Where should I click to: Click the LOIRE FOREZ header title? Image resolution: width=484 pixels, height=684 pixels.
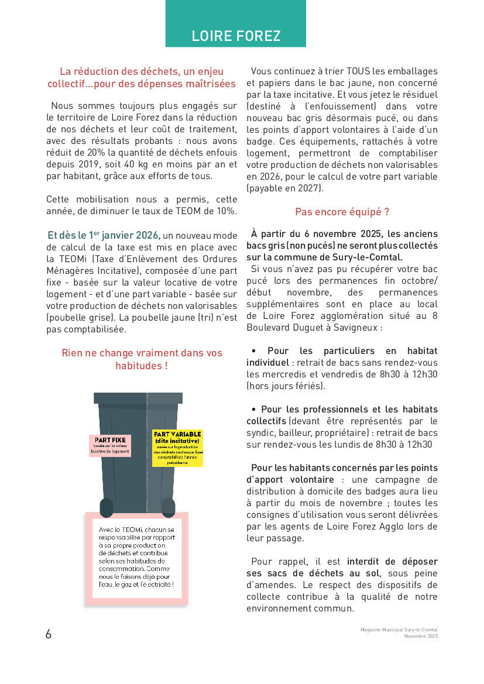pyautogui.click(x=236, y=36)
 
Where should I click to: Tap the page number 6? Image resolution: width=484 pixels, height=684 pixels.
pyautogui.click(x=49, y=634)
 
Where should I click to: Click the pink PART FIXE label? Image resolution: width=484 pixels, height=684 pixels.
pyautogui.click(x=110, y=445)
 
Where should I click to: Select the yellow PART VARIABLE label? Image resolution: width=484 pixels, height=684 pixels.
pyautogui.click(x=177, y=448)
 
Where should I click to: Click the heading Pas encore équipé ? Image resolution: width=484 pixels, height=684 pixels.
pyautogui.click(x=342, y=212)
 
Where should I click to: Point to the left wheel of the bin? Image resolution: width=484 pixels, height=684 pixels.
pyautogui.click(x=107, y=507)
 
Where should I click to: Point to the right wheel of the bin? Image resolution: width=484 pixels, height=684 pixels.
pyautogui.click(x=168, y=507)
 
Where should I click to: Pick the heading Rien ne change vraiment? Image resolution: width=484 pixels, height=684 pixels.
pyautogui.click(x=142, y=353)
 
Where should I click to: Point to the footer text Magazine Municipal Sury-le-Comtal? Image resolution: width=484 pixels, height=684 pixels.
pyautogui.click(x=399, y=630)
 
